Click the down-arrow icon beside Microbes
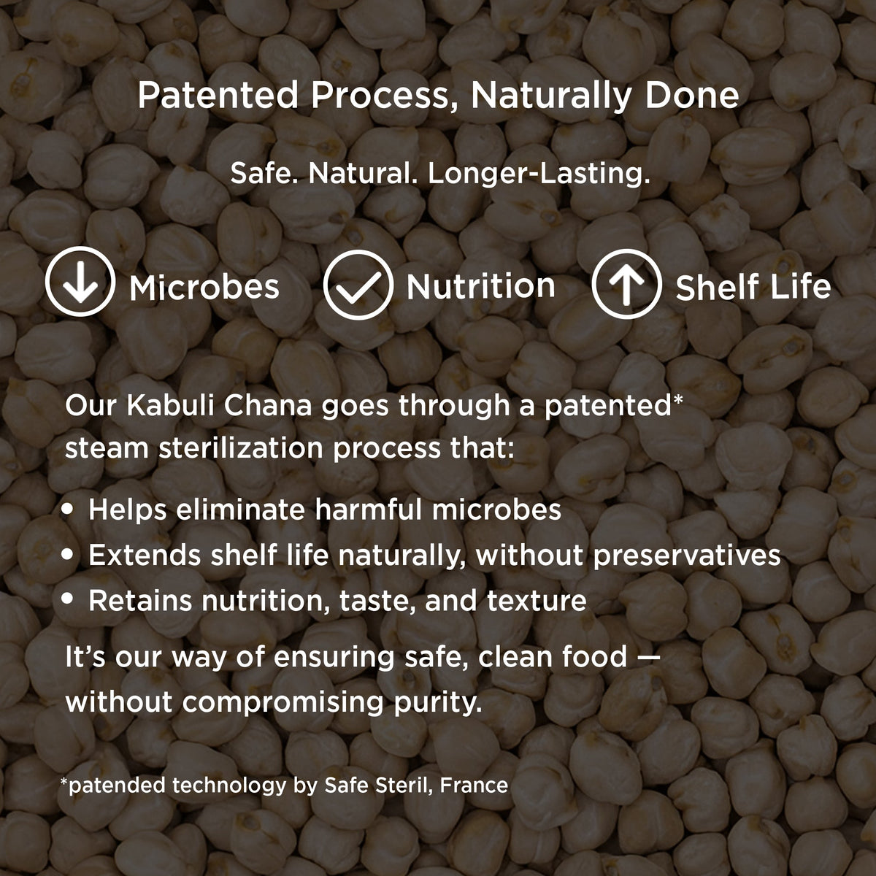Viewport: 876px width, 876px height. click(80, 281)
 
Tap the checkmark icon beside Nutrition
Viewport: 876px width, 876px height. click(358, 285)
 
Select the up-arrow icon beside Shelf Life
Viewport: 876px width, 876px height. click(626, 284)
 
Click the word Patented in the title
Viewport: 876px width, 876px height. click(218, 96)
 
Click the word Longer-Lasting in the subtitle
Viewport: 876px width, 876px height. click(539, 174)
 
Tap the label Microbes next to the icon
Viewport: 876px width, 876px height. click(204, 288)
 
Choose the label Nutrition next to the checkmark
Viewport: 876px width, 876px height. click(480, 286)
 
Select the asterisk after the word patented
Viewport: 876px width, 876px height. click(677, 399)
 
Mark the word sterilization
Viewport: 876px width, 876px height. click(240, 448)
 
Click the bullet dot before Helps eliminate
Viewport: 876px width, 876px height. click(67, 509)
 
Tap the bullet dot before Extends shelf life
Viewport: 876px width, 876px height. click(67, 554)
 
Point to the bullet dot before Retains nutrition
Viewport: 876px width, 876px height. click(67, 599)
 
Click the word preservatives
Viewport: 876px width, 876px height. click(687, 556)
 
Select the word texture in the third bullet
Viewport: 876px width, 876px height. click(537, 601)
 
